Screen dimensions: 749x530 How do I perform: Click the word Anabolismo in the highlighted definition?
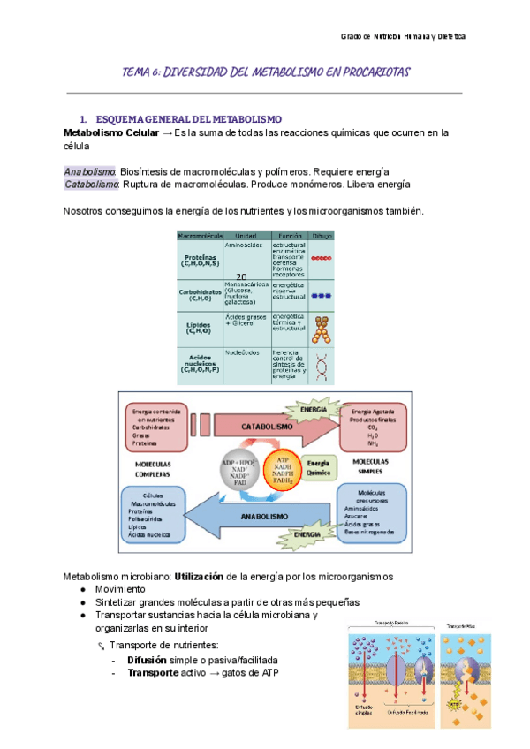(90, 170)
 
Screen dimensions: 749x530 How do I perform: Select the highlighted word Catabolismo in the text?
(92, 185)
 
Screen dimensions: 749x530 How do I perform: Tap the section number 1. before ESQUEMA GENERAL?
(83, 118)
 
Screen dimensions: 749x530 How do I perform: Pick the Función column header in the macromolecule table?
(288, 236)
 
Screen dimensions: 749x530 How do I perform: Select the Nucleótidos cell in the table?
(241, 352)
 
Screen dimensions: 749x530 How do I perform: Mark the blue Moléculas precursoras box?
(370, 512)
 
